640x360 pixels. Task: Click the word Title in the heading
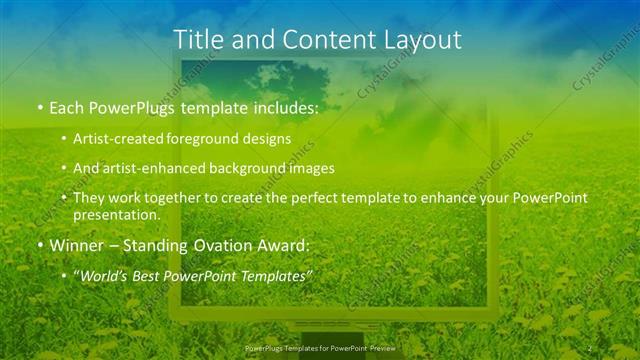[x=198, y=40]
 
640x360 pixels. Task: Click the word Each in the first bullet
[x=67, y=106]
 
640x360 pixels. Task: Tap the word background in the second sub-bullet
[x=253, y=168]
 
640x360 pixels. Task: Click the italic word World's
[x=105, y=276]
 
